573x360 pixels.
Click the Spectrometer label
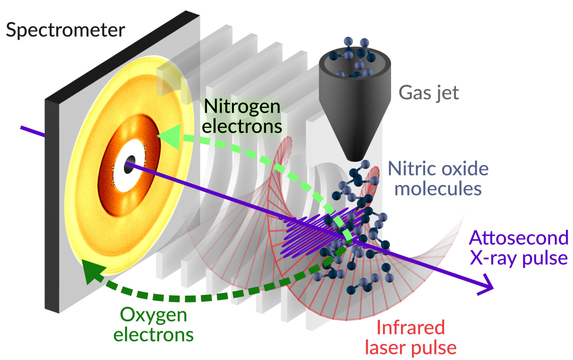coord(65,30)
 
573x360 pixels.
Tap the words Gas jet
coord(428,93)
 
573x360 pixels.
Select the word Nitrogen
coord(242,107)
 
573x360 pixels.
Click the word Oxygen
coord(153,315)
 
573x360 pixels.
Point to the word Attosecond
coord(518,238)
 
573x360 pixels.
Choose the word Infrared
coord(410,327)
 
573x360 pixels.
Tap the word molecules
coord(438,189)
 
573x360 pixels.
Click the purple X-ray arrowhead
coord(487,287)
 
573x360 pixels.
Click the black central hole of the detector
coord(129,164)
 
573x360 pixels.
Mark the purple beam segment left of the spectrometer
coord(33,132)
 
